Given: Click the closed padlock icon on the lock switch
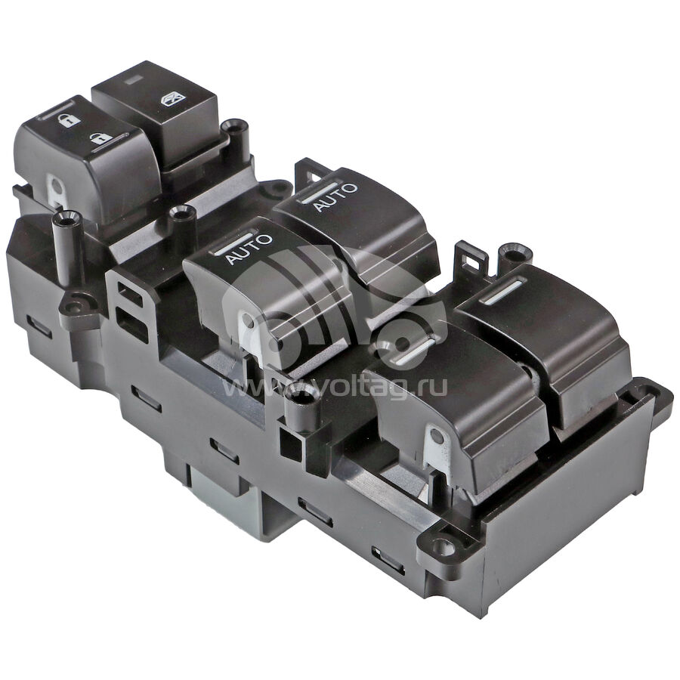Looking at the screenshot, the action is (x=66, y=120).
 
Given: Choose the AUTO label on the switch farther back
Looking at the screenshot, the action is (x=335, y=196).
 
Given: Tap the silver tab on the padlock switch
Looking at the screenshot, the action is (x=54, y=190).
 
